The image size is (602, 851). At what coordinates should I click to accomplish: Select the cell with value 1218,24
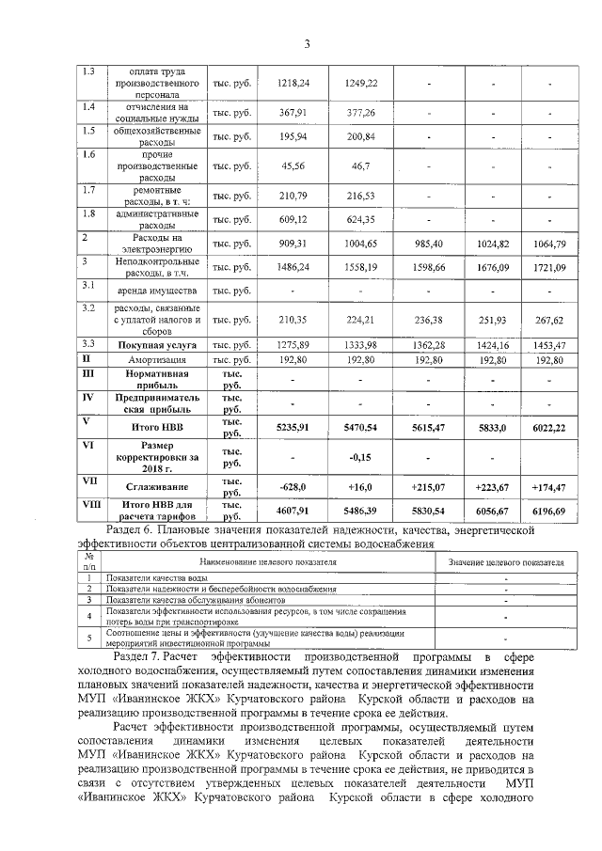pyautogui.click(x=294, y=84)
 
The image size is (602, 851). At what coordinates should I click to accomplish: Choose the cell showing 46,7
pyautogui.click(x=361, y=165)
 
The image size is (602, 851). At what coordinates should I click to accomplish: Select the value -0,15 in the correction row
pyautogui.click(x=361, y=458)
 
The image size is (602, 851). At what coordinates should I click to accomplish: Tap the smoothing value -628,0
pyautogui.click(x=294, y=487)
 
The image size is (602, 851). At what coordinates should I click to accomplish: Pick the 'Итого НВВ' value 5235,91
pyautogui.click(x=294, y=427)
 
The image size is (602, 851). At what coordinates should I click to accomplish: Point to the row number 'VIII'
pyautogui.click(x=91, y=505)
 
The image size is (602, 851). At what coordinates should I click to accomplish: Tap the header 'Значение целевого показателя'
pyautogui.click(x=506, y=561)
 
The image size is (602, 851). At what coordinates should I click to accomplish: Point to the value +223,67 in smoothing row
pyautogui.click(x=492, y=487)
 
